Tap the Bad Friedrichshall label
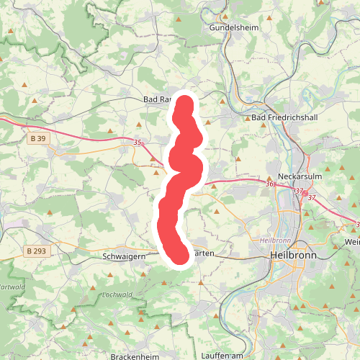pos(283,117)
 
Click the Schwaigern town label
pos(125,256)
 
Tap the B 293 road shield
pos(35,251)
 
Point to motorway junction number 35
pos(138,143)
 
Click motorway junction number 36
pos(269,185)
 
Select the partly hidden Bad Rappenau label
pos(157,99)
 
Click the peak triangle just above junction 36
pos(269,174)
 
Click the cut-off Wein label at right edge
pos(352,242)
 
